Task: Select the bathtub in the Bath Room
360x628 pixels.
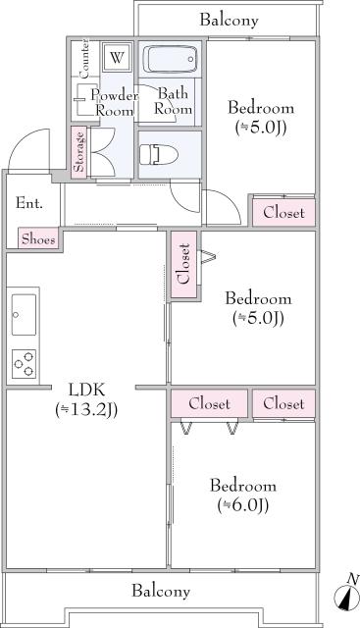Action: click(171, 60)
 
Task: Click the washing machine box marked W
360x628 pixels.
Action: click(117, 57)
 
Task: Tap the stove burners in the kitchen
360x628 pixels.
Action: click(24, 362)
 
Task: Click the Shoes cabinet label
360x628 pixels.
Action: click(38, 237)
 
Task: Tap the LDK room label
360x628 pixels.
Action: click(85, 388)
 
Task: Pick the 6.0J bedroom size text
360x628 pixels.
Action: click(242, 505)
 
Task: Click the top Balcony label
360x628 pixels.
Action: click(229, 20)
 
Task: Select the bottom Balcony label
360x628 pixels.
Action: click(161, 592)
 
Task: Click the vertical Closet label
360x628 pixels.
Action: click(181, 264)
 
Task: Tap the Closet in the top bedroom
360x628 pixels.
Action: click(283, 212)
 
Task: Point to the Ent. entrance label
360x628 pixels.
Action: click(28, 203)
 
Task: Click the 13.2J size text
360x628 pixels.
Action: click(86, 410)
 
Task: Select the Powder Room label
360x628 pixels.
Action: click(113, 102)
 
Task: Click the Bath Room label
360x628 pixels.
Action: click(175, 102)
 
